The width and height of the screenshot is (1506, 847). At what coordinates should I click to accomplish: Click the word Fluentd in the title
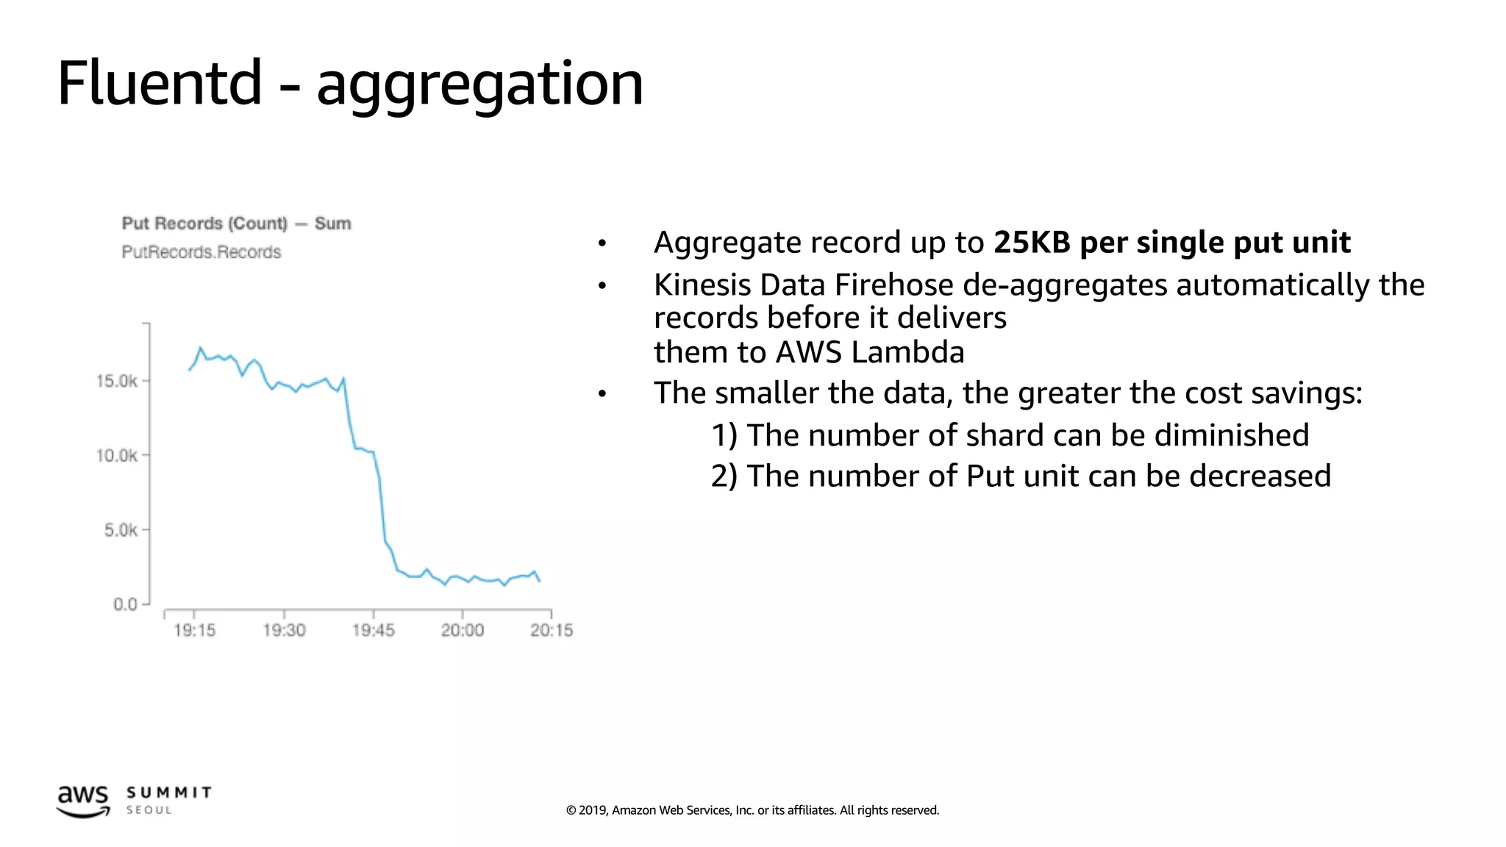tap(160, 82)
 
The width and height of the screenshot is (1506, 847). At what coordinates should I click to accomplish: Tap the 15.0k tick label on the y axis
tap(117, 381)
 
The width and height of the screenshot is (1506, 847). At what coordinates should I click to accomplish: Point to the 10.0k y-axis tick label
tap(117, 456)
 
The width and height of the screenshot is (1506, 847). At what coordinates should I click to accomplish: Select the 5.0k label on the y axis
tap(121, 530)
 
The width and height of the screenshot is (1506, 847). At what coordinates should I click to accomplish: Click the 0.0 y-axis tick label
tap(125, 604)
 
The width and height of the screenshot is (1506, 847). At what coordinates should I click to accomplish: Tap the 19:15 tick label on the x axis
tap(195, 630)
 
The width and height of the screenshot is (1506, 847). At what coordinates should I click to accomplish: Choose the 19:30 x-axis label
tap(284, 630)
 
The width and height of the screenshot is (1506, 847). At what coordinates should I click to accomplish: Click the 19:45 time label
tap(374, 630)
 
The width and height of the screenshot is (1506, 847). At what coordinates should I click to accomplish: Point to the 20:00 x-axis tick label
tap(463, 630)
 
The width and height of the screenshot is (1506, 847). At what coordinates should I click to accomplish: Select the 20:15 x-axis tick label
tap(552, 630)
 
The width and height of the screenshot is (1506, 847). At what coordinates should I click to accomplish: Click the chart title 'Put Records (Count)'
tap(204, 224)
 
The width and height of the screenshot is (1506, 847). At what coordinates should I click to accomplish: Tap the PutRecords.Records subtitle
tap(201, 252)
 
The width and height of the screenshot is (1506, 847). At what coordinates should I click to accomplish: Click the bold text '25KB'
tap(1031, 243)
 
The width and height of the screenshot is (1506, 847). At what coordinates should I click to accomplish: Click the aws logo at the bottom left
tap(83, 801)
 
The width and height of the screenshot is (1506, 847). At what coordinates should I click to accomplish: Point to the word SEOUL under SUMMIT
tap(149, 810)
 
